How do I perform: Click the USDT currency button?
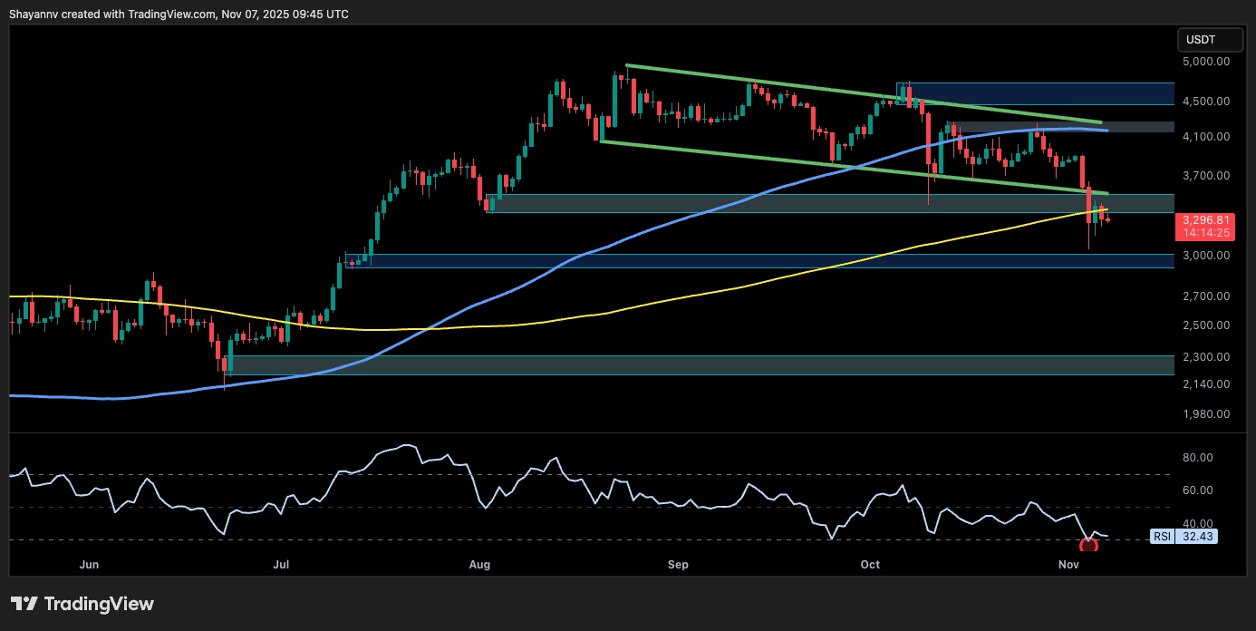1202,40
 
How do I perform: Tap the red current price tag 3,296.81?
1202,219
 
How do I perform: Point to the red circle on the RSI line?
1088,545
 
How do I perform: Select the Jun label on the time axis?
89,565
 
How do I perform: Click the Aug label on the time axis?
480,565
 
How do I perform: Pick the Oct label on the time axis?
870,565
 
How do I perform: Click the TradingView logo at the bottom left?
82,604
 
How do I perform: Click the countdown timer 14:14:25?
1202,233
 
